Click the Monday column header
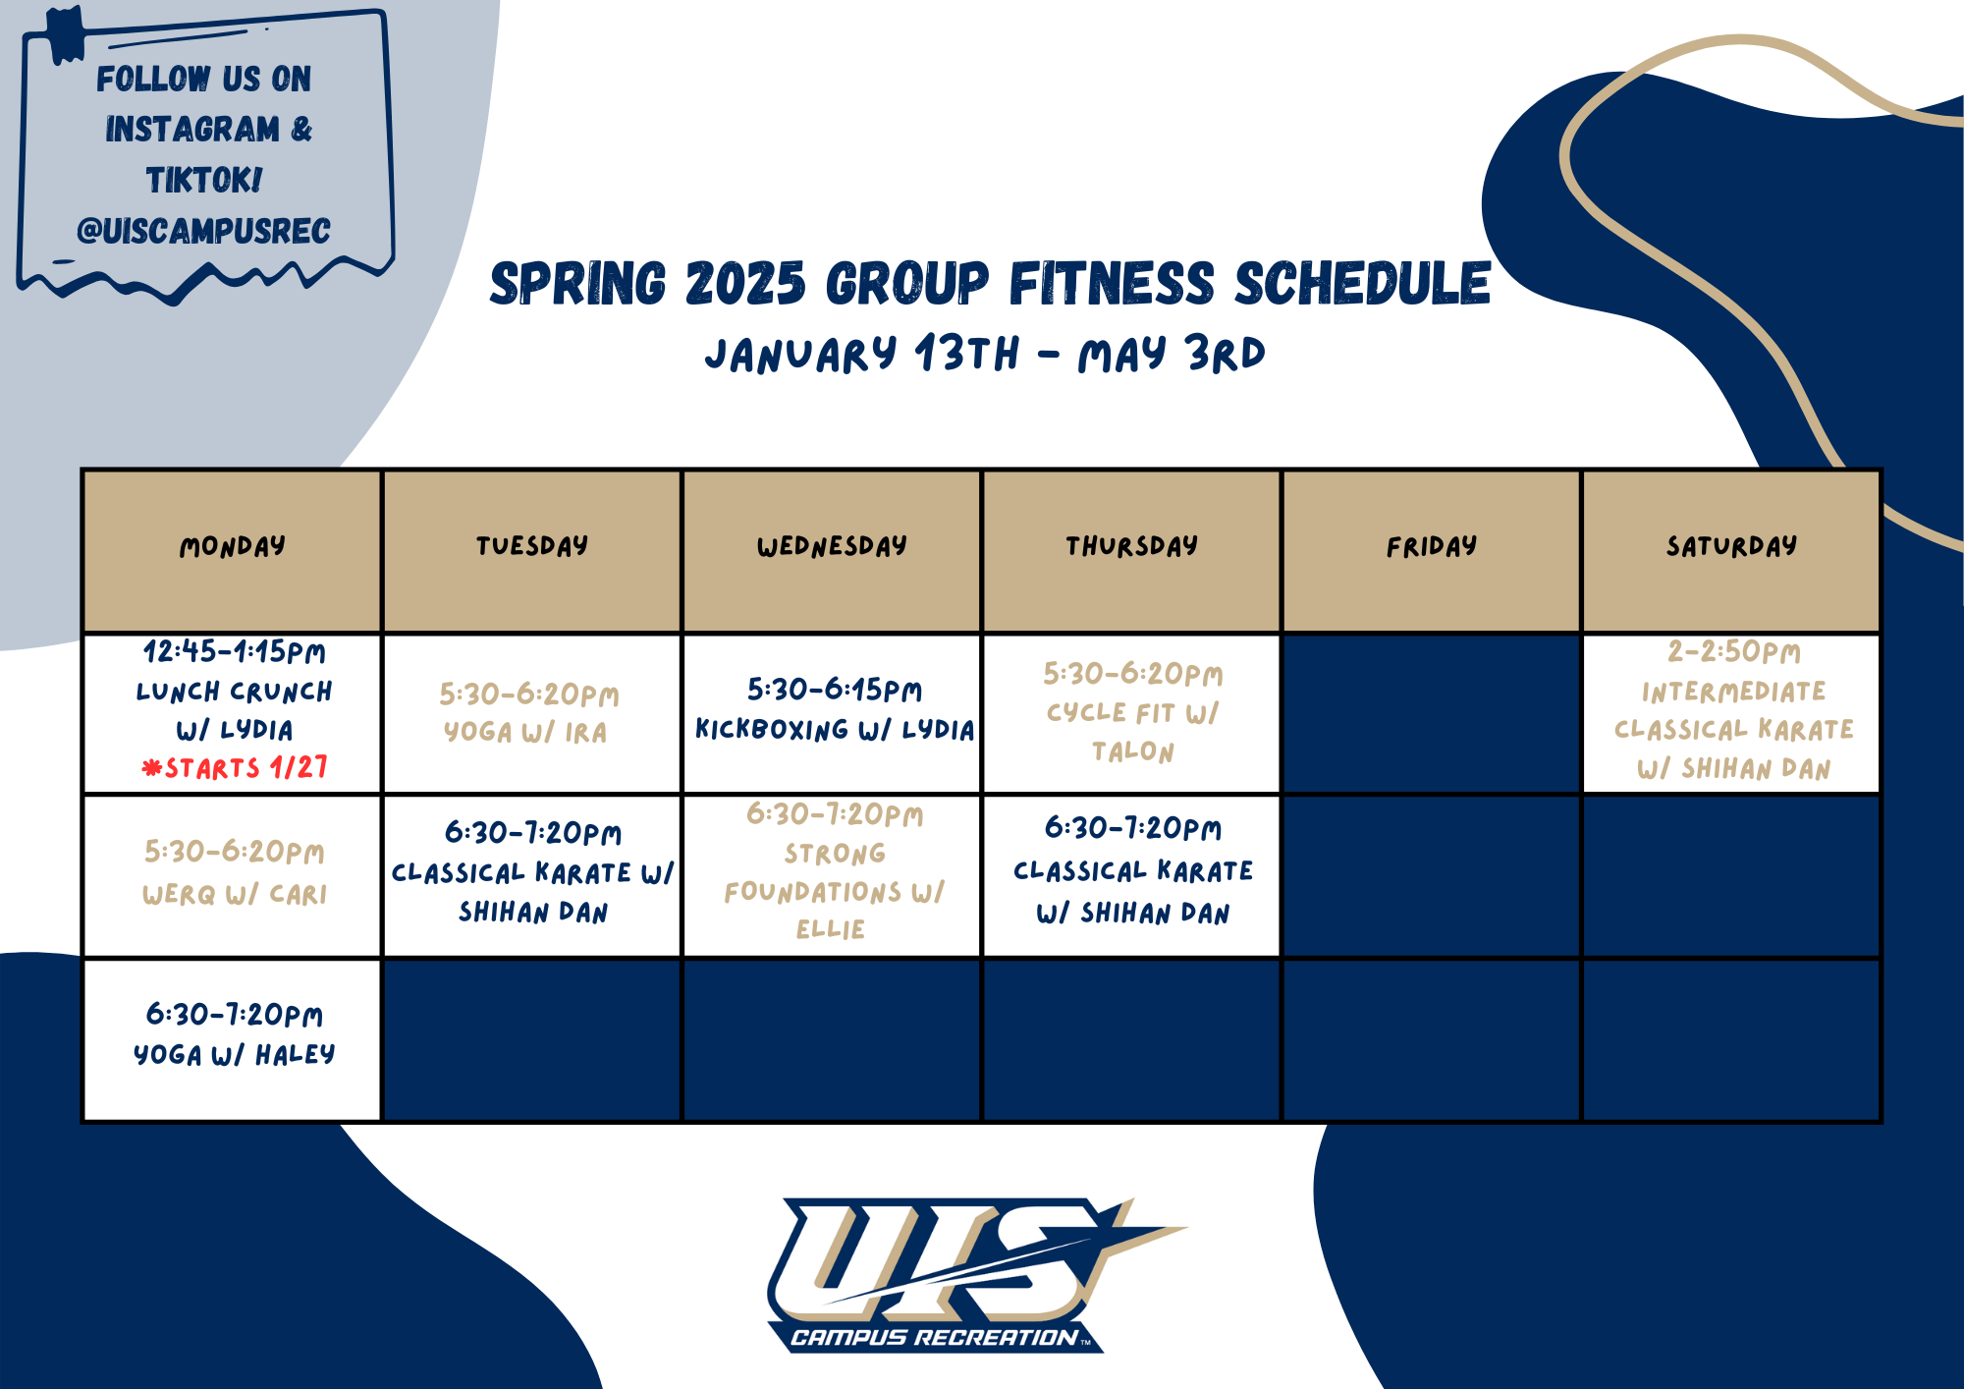233,551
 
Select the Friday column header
1432,551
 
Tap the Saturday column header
1731,551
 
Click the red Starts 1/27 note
235,767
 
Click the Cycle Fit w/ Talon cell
1132,713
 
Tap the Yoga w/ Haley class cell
233,1039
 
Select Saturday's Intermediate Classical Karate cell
1731,713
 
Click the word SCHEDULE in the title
1363,284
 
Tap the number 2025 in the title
745,284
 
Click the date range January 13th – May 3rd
985,354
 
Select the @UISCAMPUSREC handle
203,231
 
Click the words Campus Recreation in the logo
934,1337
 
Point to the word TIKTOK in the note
204,180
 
